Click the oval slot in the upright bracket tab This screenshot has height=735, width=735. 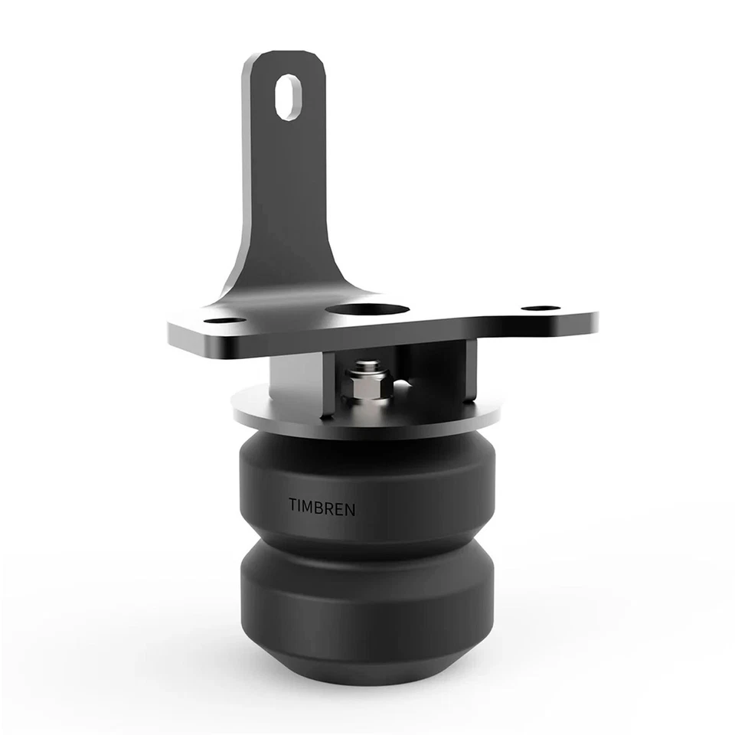pos(289,96)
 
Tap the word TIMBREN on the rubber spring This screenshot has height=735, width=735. pos(322,507)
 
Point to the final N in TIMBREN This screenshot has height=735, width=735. pos(350,509)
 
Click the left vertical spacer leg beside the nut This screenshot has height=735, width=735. pos(327,383)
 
